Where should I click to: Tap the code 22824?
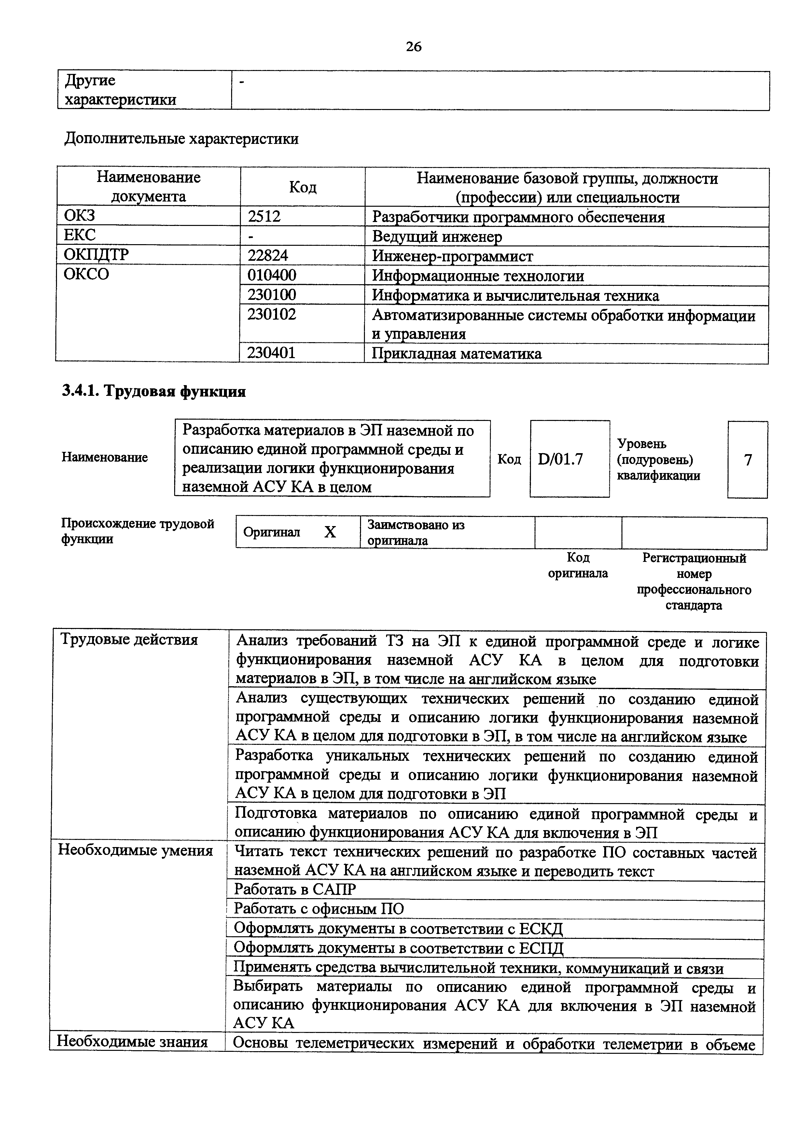click(268, 256)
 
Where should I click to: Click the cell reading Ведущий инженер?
click(437, 237)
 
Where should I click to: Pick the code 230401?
click(271, 353)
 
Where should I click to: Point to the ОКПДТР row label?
click(96, 255)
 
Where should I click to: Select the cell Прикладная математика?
click(456, 354)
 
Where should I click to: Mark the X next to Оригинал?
click(330, 532)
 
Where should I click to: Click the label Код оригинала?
click(578, 565)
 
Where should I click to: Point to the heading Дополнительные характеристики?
click(182, 138)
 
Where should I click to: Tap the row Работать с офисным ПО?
click(319, 909)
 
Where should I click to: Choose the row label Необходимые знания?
click(132, 1041)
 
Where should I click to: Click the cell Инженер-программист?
click(452, 256)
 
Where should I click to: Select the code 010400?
click(271, 275)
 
